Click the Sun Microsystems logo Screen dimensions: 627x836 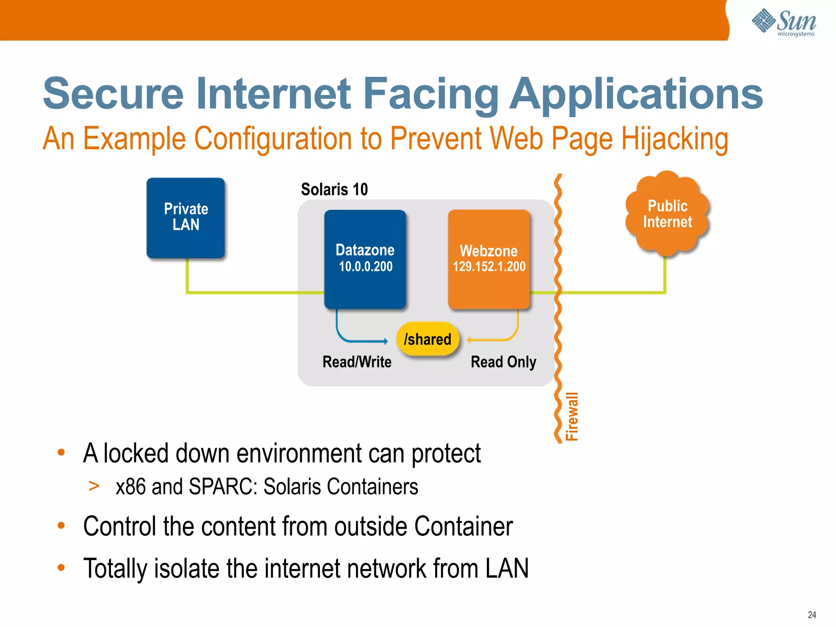784,22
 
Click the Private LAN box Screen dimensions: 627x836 186,217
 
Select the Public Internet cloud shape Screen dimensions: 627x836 667,214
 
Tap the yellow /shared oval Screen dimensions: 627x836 427,339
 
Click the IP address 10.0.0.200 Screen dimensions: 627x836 365,267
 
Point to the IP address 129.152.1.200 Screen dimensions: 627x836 489,267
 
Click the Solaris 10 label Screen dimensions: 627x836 334,189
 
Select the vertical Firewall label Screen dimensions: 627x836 572,416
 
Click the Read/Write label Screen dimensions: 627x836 357,362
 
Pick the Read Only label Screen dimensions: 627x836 503,362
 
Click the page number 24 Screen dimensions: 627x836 812,615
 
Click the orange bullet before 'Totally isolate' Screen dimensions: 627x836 61,567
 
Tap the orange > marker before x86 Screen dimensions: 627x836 94,486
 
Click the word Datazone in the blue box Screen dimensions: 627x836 365,250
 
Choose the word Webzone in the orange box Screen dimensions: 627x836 489,251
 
